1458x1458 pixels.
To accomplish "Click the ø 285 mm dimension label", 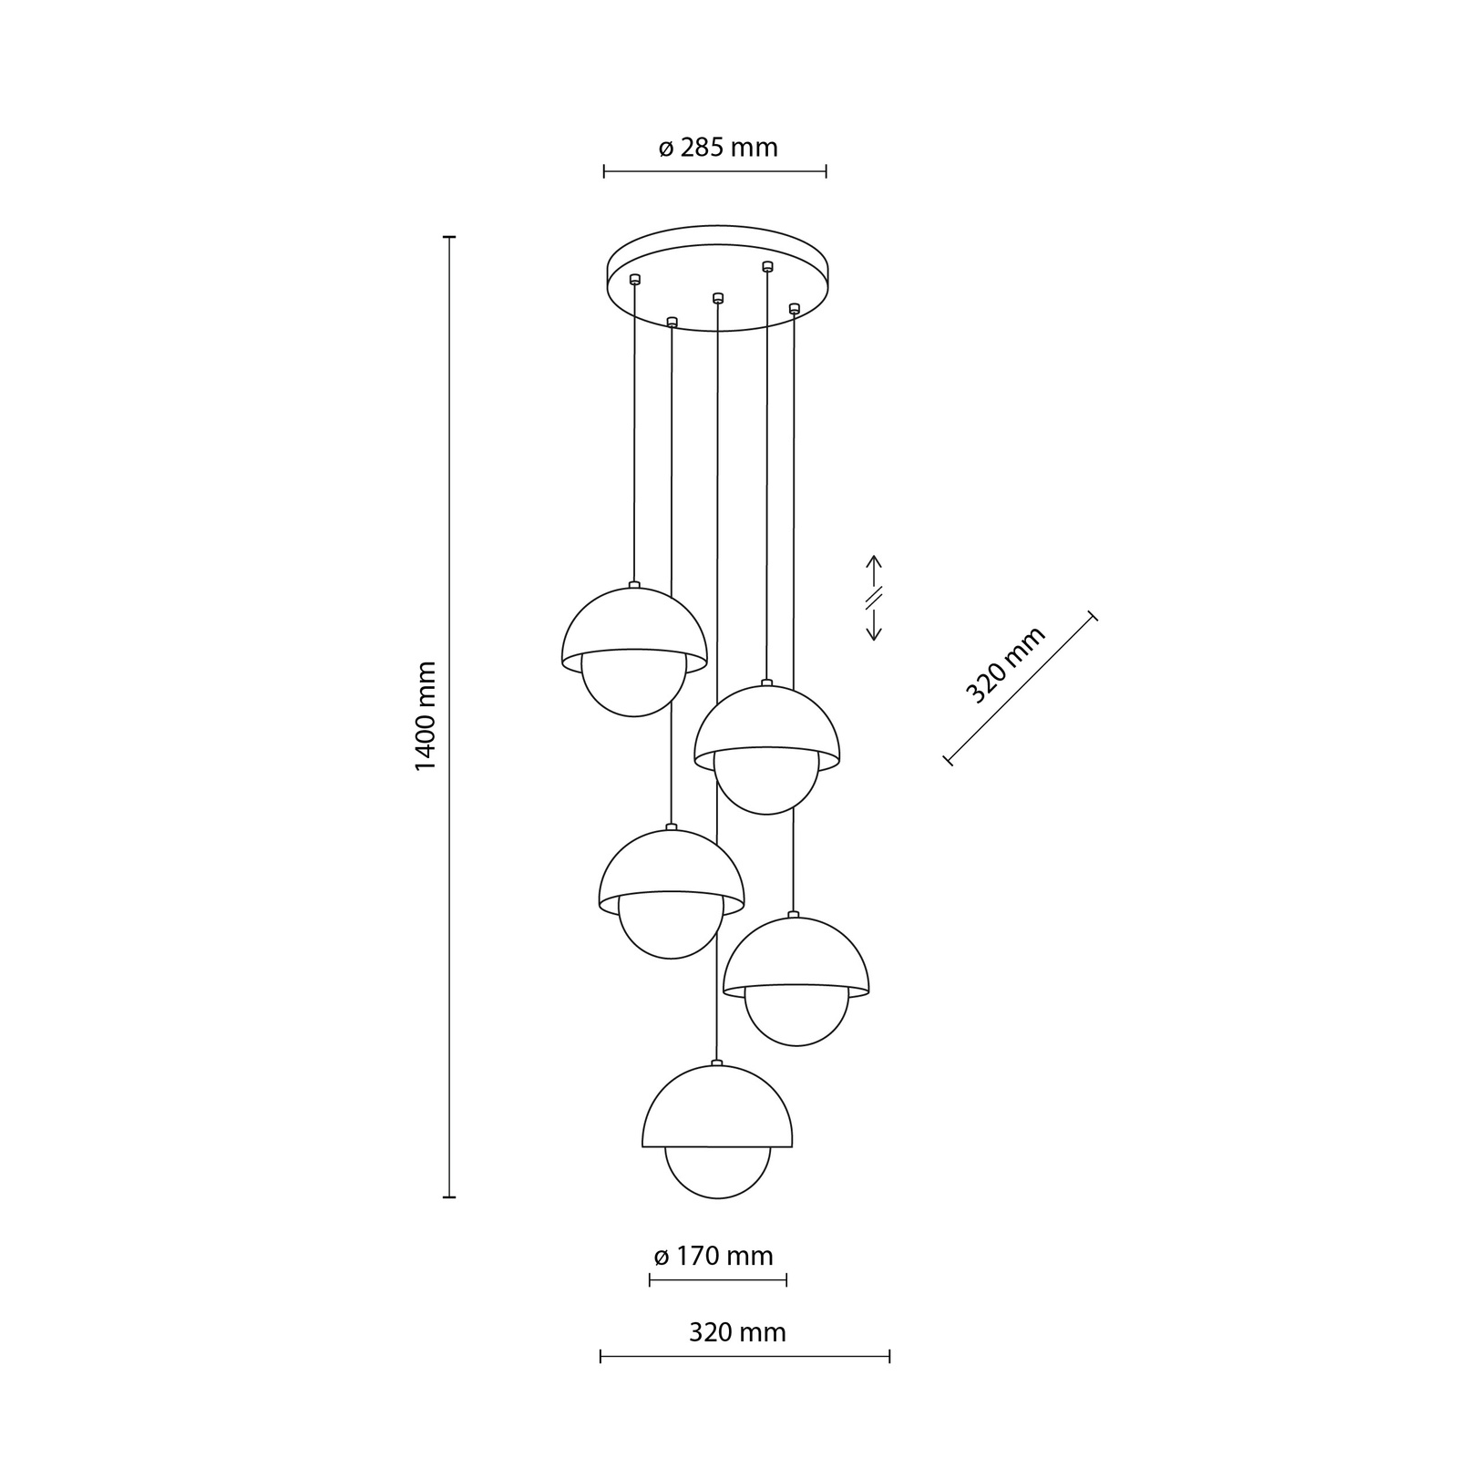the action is [x=718, y=148].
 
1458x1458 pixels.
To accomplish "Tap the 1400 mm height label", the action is [x=426, y=716].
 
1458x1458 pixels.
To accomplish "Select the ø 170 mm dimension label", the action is [x=714, y=1257].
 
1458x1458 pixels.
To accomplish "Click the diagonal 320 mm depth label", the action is [x=1005, y=665].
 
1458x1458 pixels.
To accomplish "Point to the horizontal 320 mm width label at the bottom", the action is [x=737, y=1332].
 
